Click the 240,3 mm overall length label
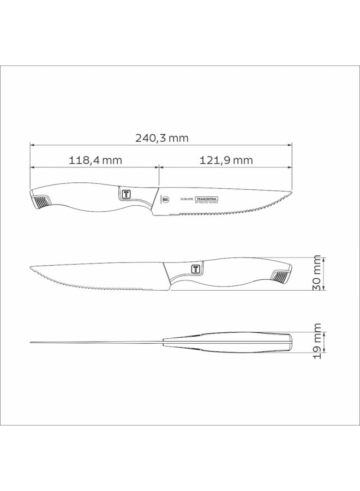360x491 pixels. (161, 138)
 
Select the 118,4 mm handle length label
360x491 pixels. (95, 160)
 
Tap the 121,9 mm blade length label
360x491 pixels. (226, 160)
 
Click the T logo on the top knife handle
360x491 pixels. (125, 194)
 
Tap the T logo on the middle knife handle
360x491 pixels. (196, 269)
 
